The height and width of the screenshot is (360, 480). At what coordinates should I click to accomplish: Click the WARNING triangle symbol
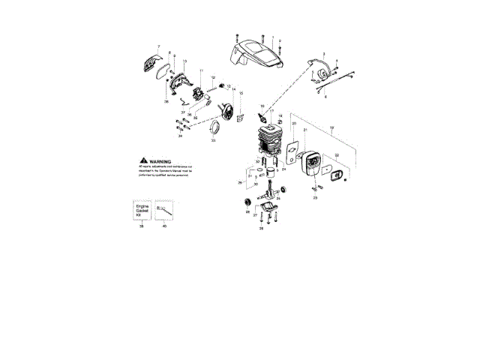coord(142,161)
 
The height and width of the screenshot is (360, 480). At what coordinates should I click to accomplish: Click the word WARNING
coord(161,161)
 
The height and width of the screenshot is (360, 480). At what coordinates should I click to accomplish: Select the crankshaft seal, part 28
coord(247,202)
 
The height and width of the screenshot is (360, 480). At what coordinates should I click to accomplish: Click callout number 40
coord(164,226)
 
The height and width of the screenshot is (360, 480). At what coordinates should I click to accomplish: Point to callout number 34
coord(180,136)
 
